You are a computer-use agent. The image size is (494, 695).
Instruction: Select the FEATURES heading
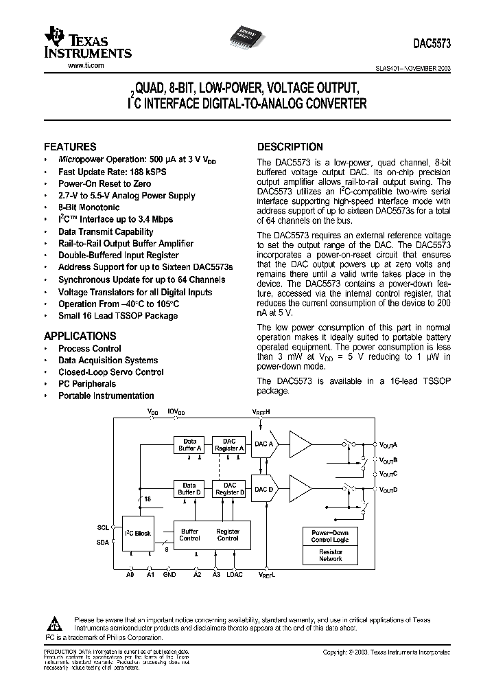pyautogui.click(x=70, y=146)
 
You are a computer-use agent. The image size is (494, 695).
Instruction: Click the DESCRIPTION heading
pyautogui.click(x=290, y=146)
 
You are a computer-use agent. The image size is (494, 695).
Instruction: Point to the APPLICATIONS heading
pyautogui.click(x=80, y=336)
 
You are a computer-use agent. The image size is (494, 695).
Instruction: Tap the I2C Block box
pyautogui.click(x=138, y=533)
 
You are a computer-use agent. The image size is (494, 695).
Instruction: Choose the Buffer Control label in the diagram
pyautogui.click(x=190, y=534)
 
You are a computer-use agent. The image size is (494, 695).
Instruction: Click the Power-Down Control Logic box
pyautogui.click(x=330, y=536)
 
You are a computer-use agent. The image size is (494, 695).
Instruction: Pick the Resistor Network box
pyautogui.click(x=330, y=556)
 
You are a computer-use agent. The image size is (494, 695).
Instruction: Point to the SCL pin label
pyautogui.click(x=103, y=527)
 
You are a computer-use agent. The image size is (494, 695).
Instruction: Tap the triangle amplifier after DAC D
pyautogui.click(x=299, y=488)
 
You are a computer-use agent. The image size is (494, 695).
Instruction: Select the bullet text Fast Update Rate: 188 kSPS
pyautogui.click(x=112, y=172)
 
